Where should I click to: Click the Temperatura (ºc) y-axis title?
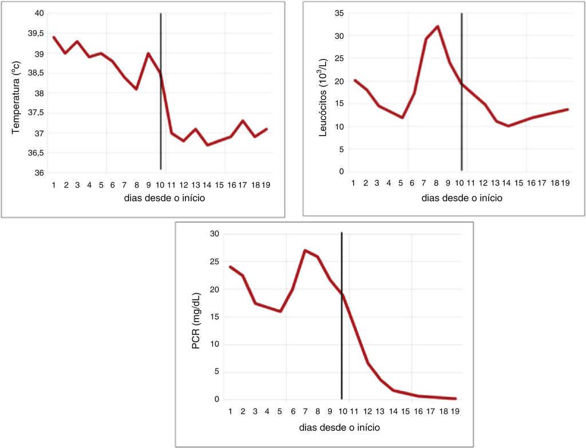[16, 93]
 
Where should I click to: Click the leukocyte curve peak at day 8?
[438, 26]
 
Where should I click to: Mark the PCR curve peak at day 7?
[305, 251]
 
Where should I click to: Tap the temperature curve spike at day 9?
[148, 54]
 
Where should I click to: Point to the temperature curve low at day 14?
[207, 145]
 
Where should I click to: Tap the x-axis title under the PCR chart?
[340, 427]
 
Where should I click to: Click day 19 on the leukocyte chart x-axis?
[565, 183]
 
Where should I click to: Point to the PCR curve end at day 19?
[456, 398]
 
